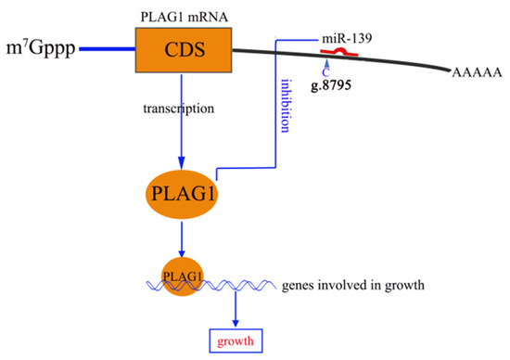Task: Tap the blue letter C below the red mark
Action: (x=325, y=71)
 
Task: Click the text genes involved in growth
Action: (x=352, y=284)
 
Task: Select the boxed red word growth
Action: (x=235, y=340)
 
